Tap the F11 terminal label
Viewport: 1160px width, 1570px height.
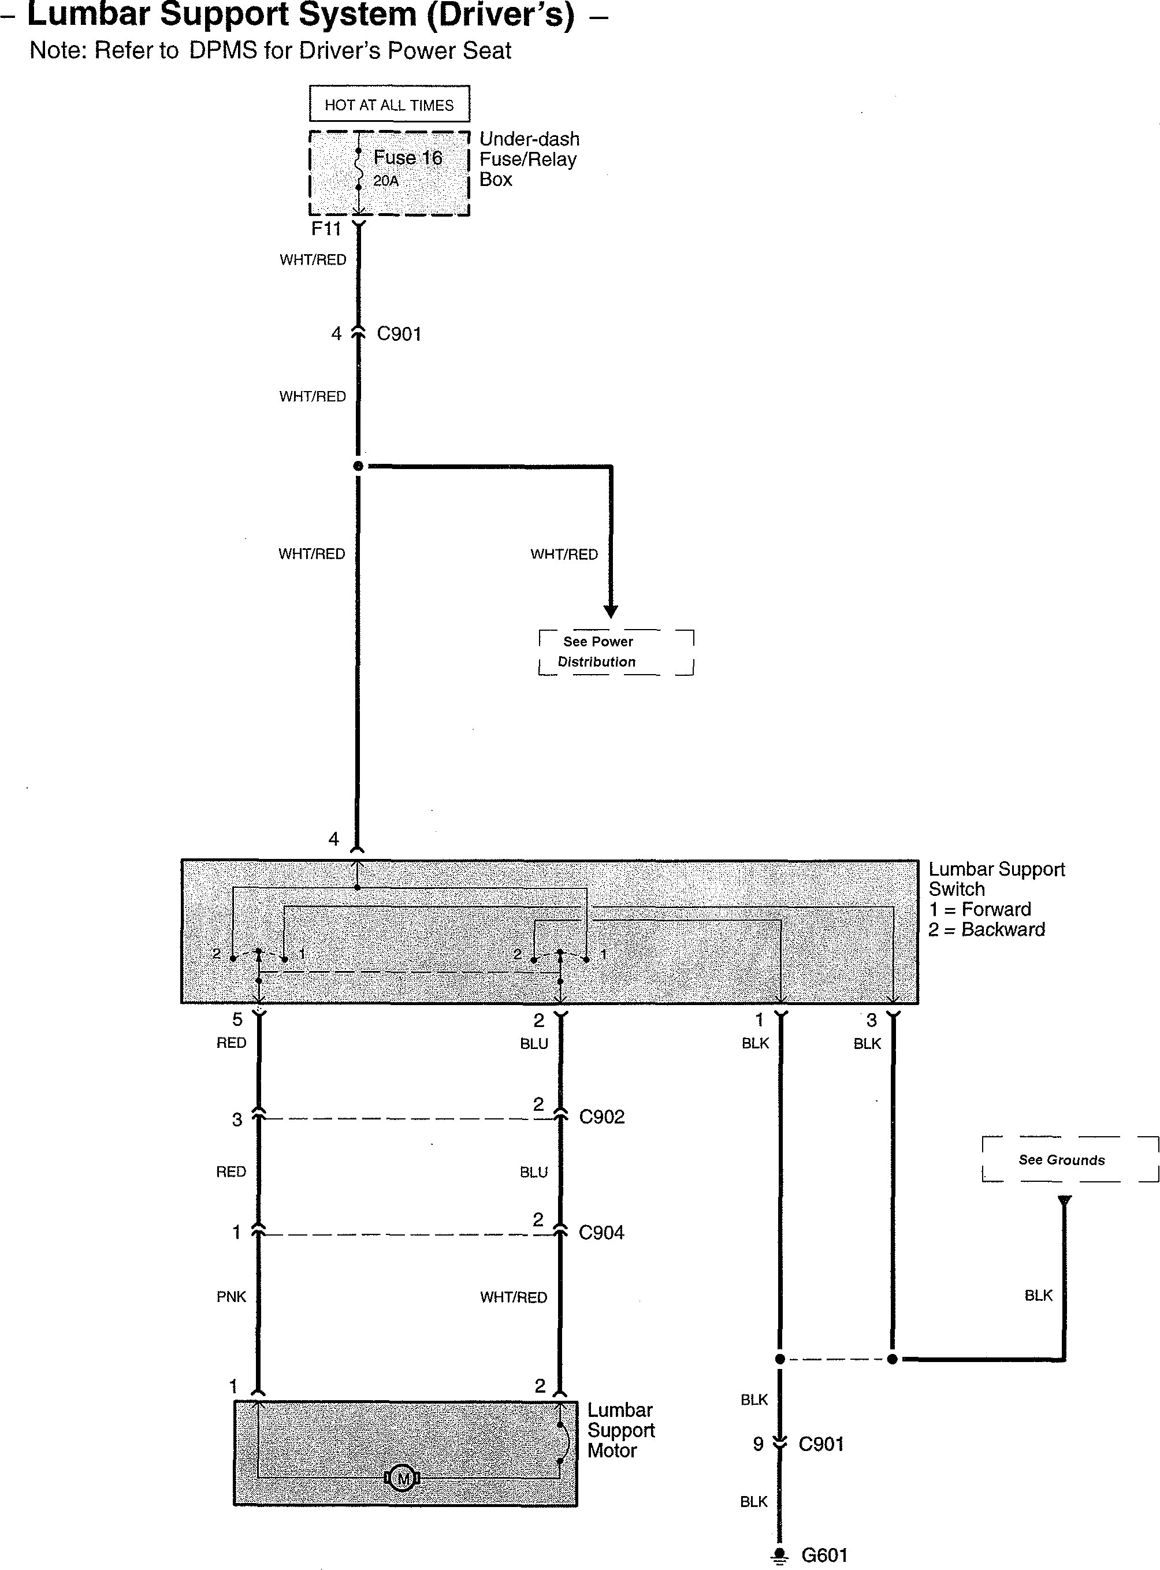click(x=326, y=229)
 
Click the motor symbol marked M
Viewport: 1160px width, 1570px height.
click(x=402, y=1478)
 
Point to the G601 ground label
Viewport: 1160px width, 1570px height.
click(x=824, y=1554)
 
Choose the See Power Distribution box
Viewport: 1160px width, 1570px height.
click(x=616, y=652)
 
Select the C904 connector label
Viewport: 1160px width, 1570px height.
click(x=601, y=1232)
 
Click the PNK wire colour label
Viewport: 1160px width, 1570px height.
click(x=231, y=1296)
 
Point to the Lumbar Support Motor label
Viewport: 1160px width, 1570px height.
click(x=620, y=1430)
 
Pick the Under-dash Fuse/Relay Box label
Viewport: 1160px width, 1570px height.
click(x=529, y=159)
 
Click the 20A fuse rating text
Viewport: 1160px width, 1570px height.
click(x=385, y=181)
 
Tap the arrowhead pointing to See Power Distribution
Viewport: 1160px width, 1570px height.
click(x=611, y=611)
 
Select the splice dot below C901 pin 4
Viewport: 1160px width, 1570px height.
click(x=358, y=466)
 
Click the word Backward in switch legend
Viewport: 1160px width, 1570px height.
click(x=1003, y=929)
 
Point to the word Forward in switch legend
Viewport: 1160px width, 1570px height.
click(x=996, y=909)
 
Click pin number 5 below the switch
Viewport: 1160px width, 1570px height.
click(x=237, y=1019)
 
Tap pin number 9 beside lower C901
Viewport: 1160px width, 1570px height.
click(x=759, y=1443)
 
